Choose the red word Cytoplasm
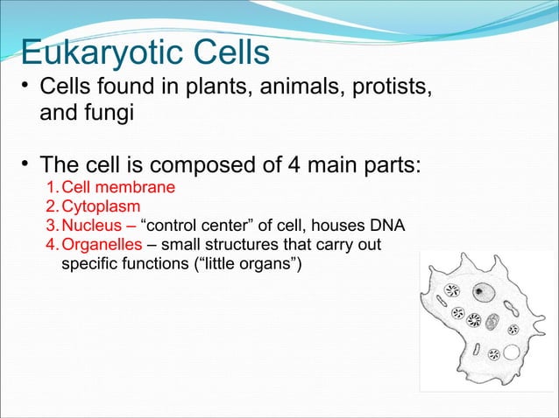click(100, 208)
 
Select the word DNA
click(387, 226)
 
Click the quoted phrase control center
click(206, 226)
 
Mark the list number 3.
click(50, 226)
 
